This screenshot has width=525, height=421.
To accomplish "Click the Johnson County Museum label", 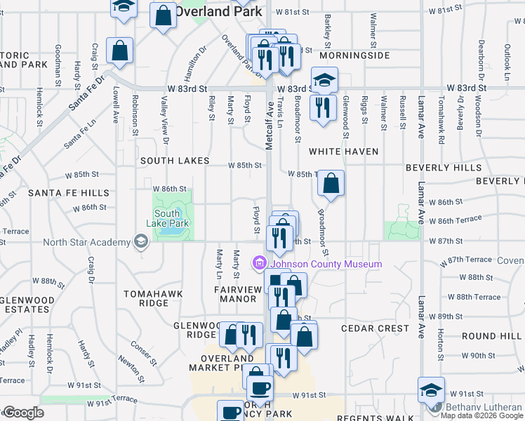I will [326, 265].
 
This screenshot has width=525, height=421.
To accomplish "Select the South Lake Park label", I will [168, 218].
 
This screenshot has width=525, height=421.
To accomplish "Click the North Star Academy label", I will [86, 243].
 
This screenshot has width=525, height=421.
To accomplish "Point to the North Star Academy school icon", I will [141, 243].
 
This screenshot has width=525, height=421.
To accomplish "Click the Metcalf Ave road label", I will [269, 123].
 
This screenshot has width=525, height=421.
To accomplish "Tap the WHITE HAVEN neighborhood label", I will [344, 152].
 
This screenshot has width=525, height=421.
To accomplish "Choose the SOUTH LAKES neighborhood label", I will [174, 161].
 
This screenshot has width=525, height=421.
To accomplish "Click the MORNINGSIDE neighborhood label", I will [353, 55].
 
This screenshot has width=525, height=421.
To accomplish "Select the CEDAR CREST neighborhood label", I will [375, 328].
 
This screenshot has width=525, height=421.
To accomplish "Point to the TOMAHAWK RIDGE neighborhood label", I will [146, 298].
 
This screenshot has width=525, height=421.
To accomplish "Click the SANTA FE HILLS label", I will [69, 193].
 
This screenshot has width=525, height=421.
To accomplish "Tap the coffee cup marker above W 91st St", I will [260, 387].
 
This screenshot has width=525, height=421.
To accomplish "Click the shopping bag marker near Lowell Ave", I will [120, 50].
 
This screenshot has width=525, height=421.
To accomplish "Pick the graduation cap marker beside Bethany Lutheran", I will [431, 389].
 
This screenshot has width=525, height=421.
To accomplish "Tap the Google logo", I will [23, 413].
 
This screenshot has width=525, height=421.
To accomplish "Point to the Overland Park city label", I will [218, 11].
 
